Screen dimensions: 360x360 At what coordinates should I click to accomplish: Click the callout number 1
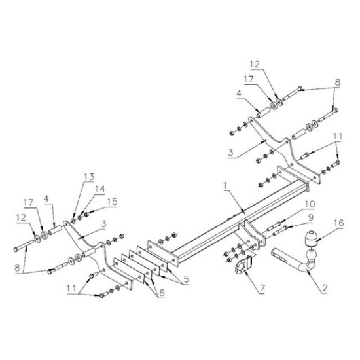point(225,185)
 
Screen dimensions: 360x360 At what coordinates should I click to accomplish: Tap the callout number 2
point(325,289)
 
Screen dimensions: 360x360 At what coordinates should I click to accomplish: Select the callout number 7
point(262,288)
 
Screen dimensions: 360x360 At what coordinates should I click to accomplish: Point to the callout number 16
point(339,223)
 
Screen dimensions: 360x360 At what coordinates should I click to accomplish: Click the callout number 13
point(89,177)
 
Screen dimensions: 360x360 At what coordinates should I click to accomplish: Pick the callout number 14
point(100,189)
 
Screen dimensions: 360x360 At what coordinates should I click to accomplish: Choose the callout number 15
point(113,202)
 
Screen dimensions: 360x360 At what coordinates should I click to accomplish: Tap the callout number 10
point(310,204)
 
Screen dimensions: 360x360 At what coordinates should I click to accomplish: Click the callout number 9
point(311,217)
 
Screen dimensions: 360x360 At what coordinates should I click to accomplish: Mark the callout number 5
point(186,279)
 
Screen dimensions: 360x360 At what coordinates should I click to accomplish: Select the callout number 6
point(162,293)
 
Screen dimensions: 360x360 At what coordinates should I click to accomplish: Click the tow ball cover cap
point(311,238)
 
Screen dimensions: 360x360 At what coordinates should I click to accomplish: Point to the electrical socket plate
point(243,265)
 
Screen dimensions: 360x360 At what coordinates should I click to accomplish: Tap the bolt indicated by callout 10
point(274,225)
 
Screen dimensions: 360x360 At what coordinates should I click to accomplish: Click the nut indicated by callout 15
point(86,215)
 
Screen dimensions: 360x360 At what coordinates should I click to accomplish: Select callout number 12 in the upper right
point(255,64)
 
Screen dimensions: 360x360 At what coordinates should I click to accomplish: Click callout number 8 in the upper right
point(337,82)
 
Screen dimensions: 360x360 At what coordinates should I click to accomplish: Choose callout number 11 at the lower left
point(71,289)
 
